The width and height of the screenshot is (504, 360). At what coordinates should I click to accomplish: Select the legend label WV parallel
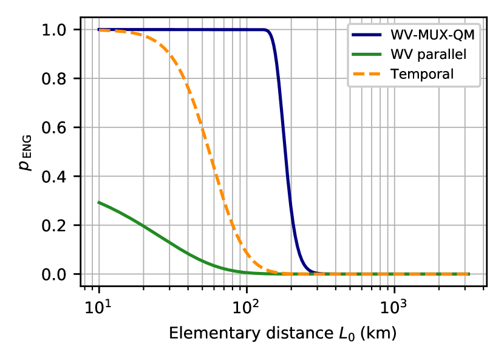point(428,55)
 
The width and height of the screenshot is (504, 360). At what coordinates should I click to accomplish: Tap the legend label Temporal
point(422,74)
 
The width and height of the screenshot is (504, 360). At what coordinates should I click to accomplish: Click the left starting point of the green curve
point(99,202)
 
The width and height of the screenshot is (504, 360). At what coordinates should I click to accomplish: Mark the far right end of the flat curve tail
point(468,274)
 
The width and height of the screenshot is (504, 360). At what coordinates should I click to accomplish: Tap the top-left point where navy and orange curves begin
point(99,30)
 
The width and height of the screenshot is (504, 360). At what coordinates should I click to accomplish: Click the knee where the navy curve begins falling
point(267,30)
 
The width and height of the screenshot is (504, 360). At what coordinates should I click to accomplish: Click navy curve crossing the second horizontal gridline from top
point(279,78)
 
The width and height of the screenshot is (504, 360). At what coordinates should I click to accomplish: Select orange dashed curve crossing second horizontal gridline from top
point(185,78)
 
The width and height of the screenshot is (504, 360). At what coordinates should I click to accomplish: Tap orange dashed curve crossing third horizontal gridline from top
point(202,127)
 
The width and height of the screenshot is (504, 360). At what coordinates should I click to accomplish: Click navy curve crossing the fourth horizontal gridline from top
point(288,176)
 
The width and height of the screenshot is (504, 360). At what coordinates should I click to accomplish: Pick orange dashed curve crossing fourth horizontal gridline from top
point(217,176)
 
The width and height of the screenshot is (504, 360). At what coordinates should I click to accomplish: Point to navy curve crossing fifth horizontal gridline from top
point(293,225)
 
